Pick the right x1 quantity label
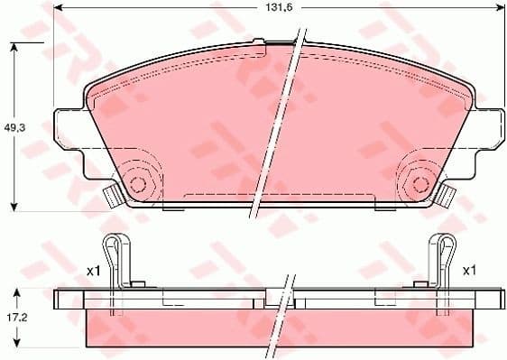(468, 270)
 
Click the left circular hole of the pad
(138, 183)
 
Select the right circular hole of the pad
(419, 183)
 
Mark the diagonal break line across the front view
(280, 122)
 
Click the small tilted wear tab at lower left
(112, 194)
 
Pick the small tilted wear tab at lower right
(446, 194)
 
